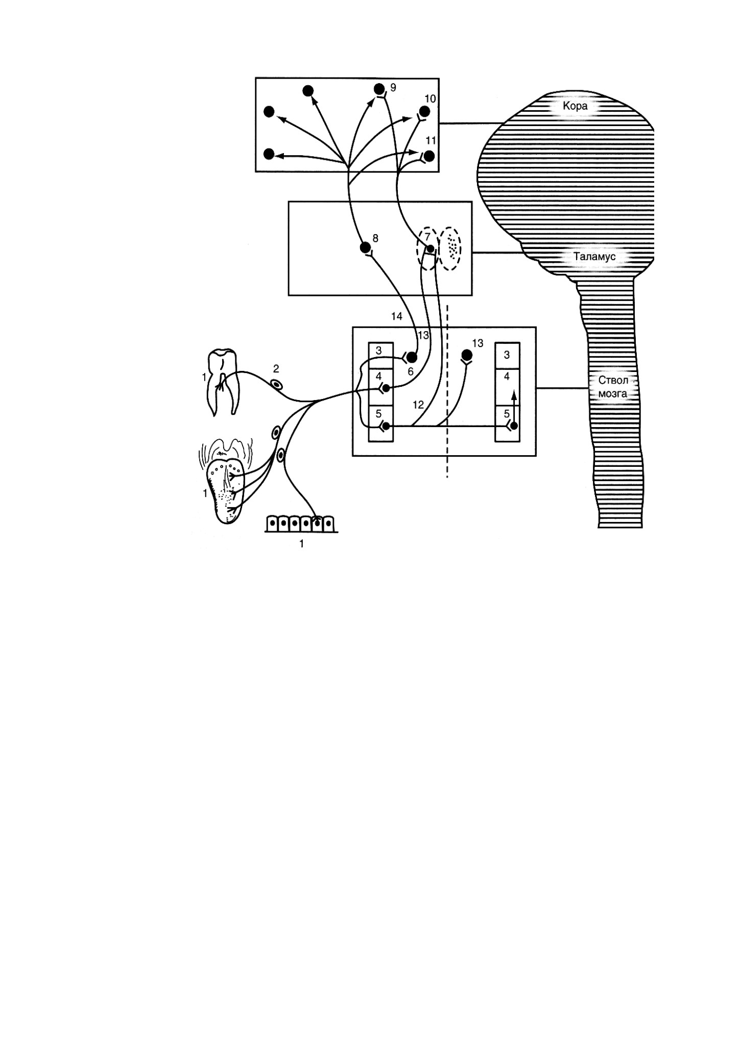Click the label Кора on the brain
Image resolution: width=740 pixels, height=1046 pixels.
tap(575, 107)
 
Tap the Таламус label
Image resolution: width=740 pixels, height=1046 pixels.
tap(593, 257)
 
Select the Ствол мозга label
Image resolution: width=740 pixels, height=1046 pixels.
tap(612, 387)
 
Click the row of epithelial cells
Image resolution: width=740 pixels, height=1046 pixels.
tap(301, 523)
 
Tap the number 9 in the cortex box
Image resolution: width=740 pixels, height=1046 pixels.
tap(393, 88)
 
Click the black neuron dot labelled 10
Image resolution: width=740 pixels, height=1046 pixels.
tap(424, 111)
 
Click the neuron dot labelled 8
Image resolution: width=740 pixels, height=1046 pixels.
tap(365, 248)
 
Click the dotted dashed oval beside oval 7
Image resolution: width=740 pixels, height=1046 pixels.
tap(451, 248)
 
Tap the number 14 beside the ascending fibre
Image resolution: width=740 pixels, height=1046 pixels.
tap(396, 316)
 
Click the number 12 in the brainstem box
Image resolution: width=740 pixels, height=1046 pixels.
tap(418, 405)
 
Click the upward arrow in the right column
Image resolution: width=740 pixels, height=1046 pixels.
tap(514, 406)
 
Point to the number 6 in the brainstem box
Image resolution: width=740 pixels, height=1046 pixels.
tap(410, 372)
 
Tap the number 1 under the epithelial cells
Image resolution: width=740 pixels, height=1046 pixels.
tap(301, 544)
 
